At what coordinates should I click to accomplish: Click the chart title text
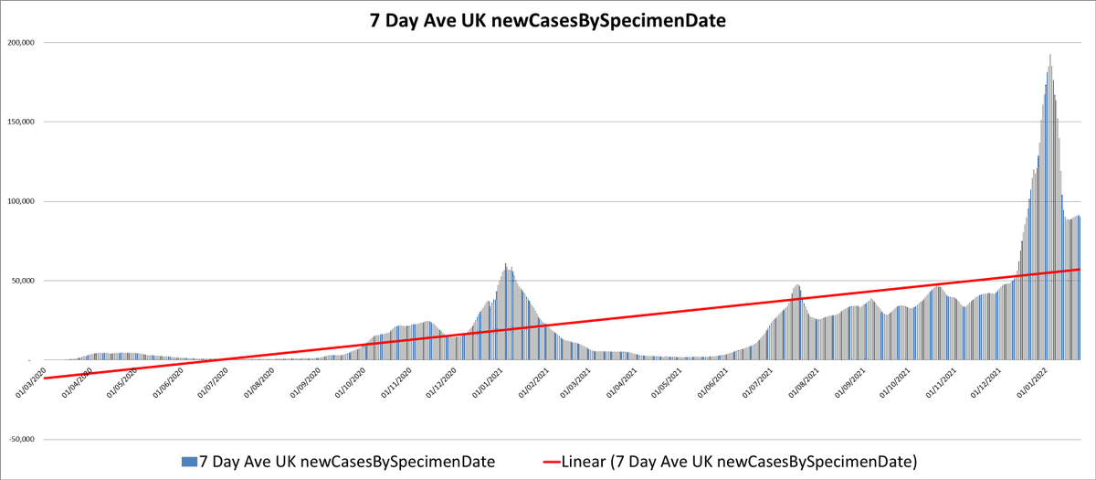[x=548, y=19]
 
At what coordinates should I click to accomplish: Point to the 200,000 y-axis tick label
[x=21, y=43]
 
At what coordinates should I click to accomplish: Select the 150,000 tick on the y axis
[x=21, y=123]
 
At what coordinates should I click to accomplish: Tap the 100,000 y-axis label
[x=21, y=201]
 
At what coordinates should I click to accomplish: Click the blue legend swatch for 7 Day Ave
[x=189, y=462]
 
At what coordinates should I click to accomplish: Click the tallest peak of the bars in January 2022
[x=1050, y=56]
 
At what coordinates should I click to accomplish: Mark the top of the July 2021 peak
[x=797, y=285]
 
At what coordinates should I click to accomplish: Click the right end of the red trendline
[x=1080, y=269]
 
